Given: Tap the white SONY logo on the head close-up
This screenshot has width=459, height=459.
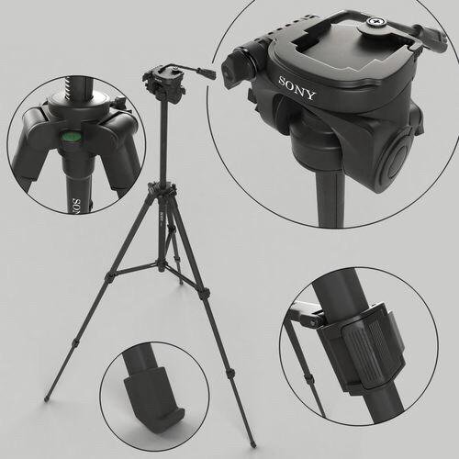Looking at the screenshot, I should (296, 94).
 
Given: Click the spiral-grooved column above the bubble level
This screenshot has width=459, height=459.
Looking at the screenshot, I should (70, 87).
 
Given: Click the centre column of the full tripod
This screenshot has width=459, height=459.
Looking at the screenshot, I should (163, 147).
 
